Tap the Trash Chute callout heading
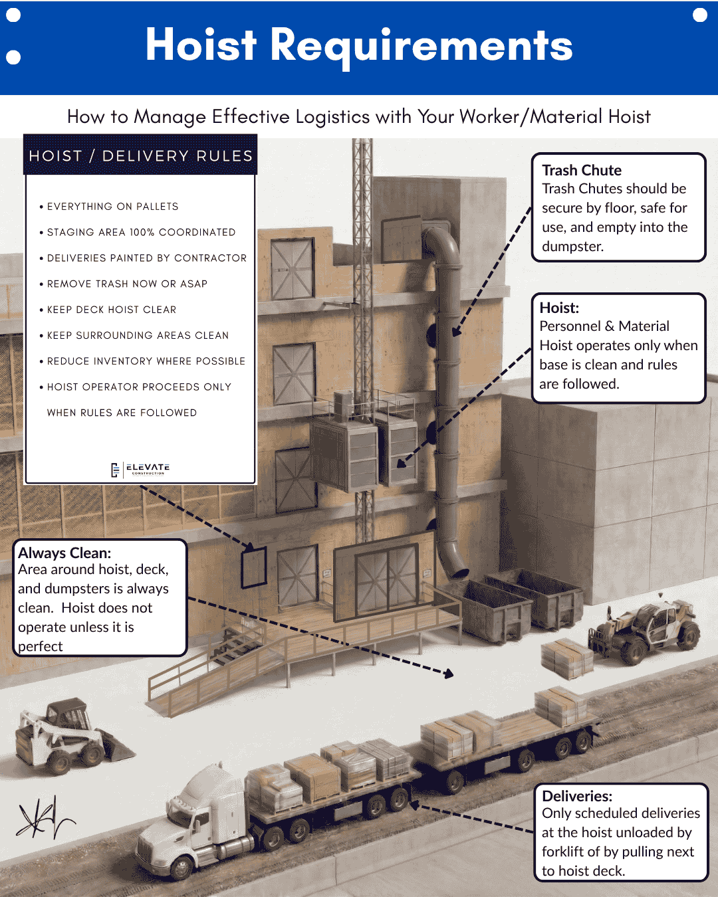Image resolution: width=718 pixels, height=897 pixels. pos(582,170)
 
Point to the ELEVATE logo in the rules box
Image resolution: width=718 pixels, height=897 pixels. pos(141,469)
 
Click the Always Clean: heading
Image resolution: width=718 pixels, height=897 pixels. pos(64,553)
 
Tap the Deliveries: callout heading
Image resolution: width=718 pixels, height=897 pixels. pos(577,796)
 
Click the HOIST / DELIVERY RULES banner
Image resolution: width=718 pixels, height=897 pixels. pos(140,155)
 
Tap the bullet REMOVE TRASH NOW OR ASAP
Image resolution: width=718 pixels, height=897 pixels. pos(127,284)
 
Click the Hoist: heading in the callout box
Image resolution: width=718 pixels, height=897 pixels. pos(559,308)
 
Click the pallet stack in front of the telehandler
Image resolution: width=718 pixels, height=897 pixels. pos(566,658)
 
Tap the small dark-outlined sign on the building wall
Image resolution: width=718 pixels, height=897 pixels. pos(253,567)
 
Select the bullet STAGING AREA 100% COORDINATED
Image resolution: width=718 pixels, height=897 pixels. pos(141,233)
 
